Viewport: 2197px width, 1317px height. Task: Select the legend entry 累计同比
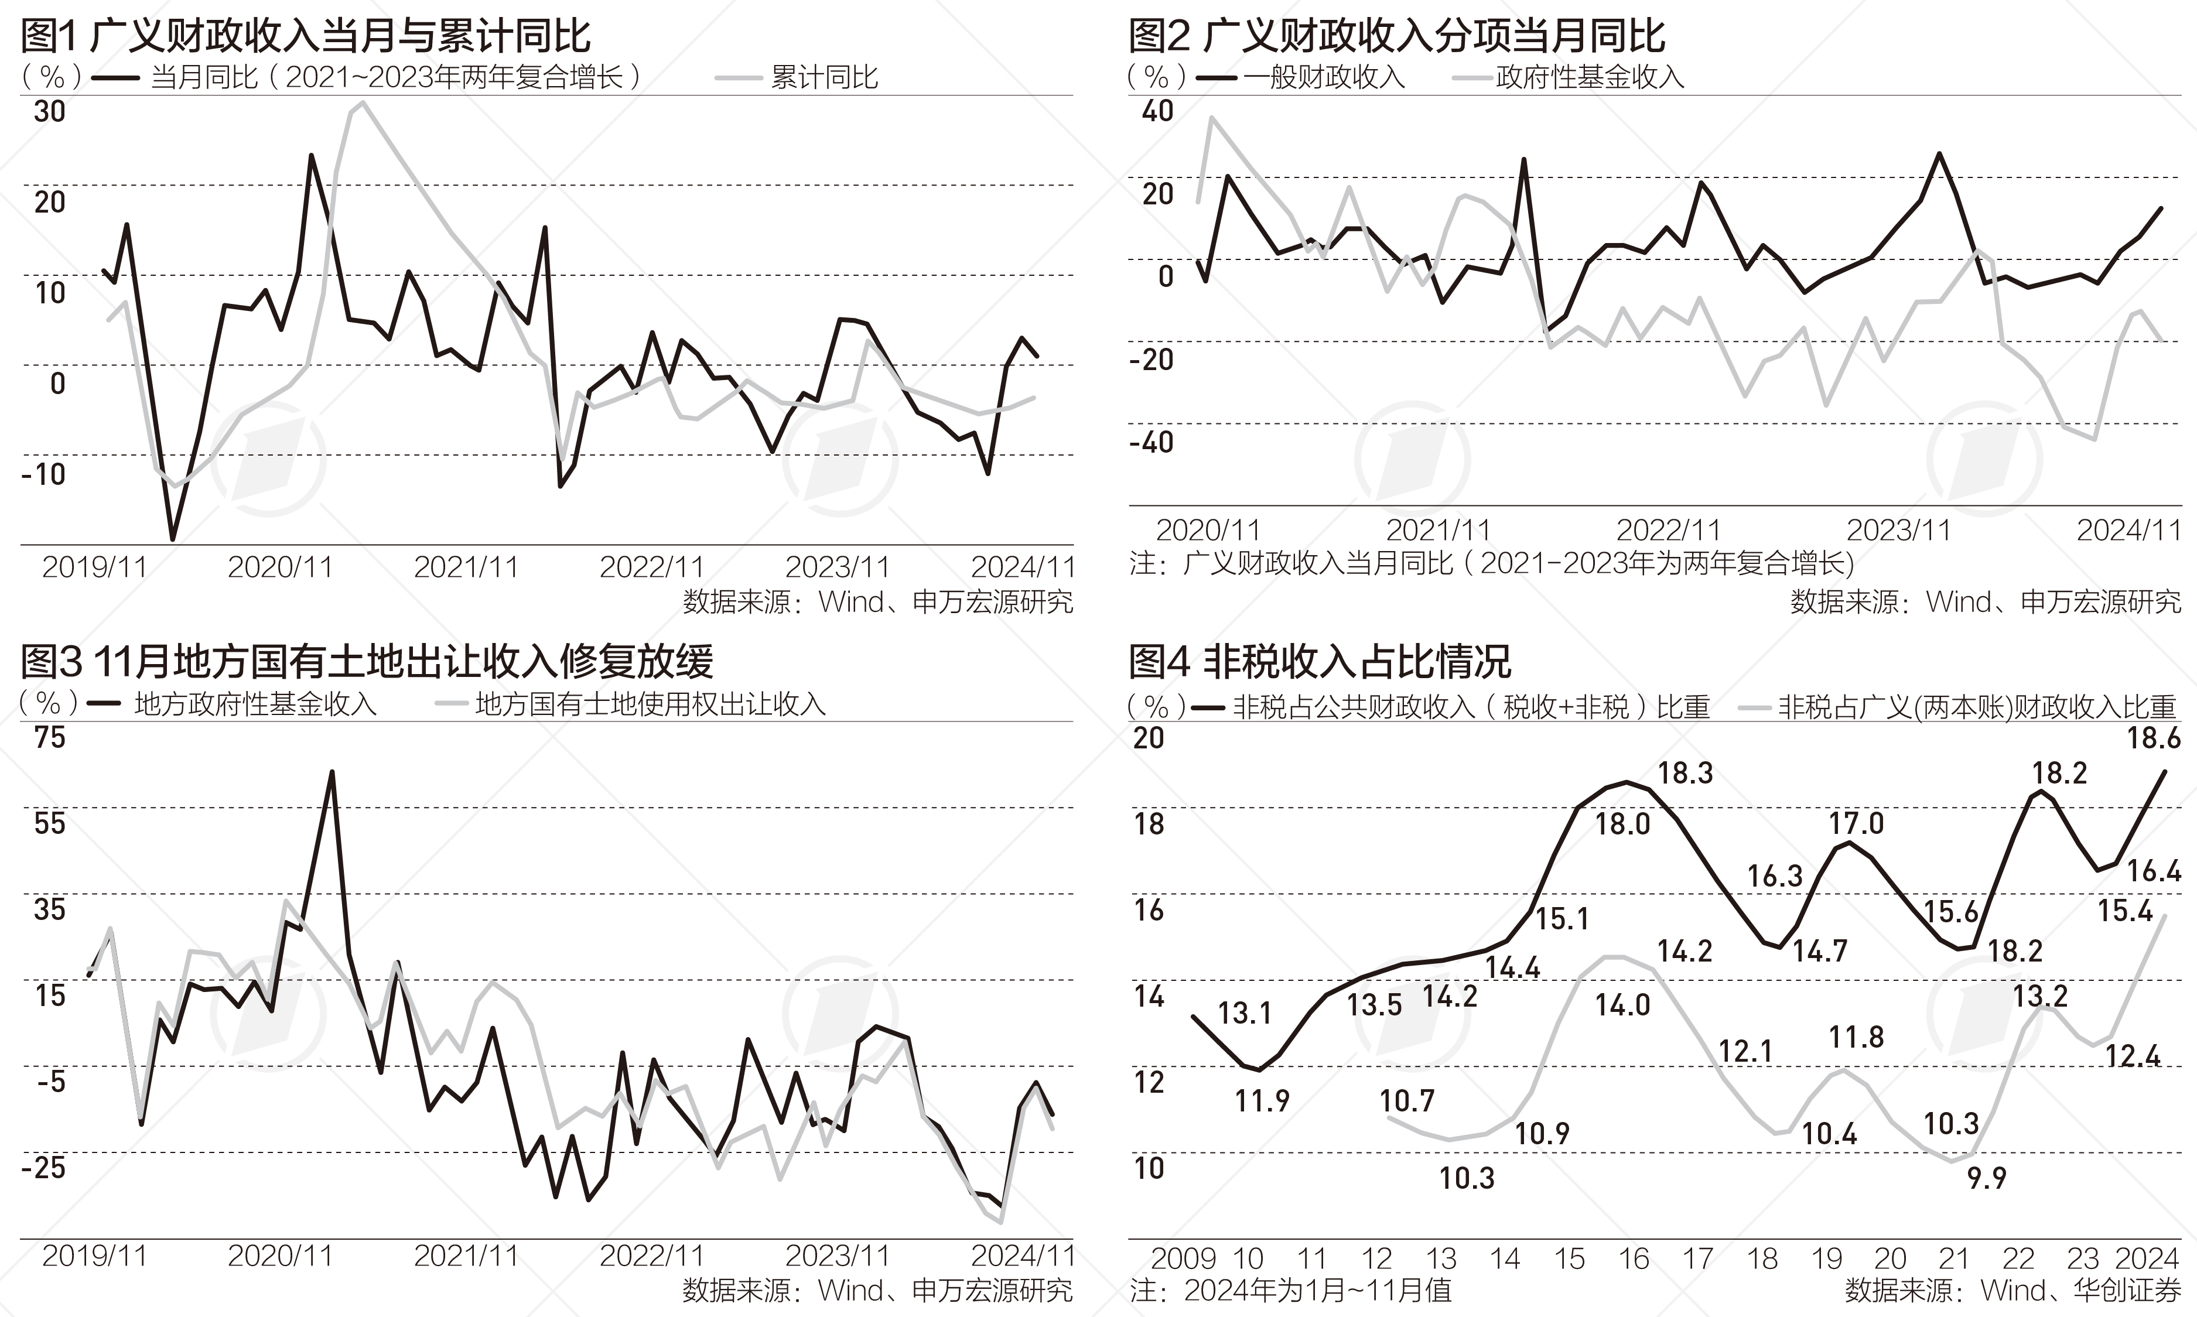(824, 77)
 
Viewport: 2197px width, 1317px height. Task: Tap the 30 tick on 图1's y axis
(50, 112)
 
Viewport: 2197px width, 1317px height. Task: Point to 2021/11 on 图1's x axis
(466, 567)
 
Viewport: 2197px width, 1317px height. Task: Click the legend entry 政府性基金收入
(1590, 77)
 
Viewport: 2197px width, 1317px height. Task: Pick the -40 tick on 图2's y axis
(1152, 442)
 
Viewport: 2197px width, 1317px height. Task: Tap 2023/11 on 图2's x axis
(1899, 531)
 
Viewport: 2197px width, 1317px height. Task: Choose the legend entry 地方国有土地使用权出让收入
(650, 704)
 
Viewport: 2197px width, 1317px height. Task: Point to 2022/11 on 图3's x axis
(651, 1256)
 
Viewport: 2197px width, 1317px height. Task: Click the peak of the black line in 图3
(332, 772)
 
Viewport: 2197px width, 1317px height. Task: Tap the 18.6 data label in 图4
(2152, 738)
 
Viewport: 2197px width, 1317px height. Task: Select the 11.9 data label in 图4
(1262, 1102)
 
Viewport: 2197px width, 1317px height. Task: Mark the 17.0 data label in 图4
(1856, 823)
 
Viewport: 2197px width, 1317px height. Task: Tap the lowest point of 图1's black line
(172, 539)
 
